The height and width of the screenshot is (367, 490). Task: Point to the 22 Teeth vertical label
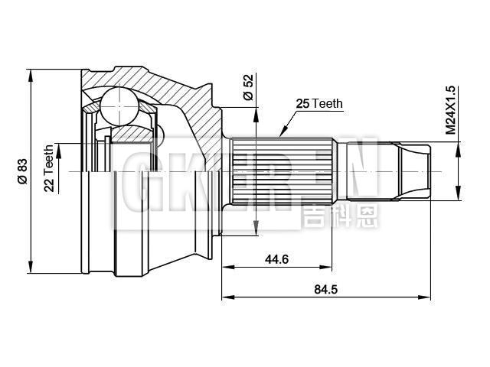click(x=49, y=168)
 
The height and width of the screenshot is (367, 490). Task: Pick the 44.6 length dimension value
click(x=276, y=259)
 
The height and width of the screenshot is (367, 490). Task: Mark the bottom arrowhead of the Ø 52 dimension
click(x=253, y=227)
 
